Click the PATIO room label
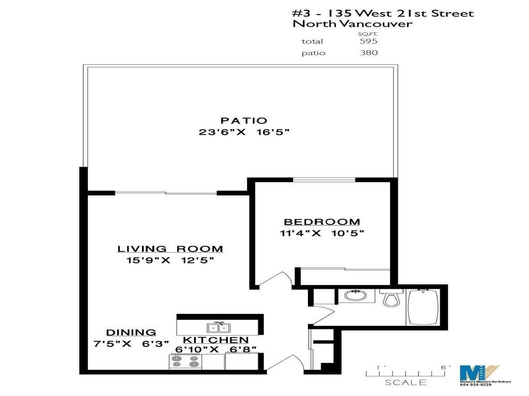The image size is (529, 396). click(244, 121)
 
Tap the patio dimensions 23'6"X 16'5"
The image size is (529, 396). click(244, 133)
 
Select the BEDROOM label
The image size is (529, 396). click(322, 222)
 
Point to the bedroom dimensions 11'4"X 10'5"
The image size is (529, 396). click(322, 233)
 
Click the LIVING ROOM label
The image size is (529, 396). click(170, 249)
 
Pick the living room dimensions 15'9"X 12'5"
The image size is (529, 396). click(170, 260)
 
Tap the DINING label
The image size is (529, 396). click(131, 333)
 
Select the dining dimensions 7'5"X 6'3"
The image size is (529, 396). click(131, 344)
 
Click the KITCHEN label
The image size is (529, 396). click(216, 340)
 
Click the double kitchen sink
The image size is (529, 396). click(218, 327)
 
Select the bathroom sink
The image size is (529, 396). click(354, 296)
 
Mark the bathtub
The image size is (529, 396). click(424, 306)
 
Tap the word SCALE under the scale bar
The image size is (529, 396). click(406, 383)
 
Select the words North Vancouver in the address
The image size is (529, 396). click(352, 24)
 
